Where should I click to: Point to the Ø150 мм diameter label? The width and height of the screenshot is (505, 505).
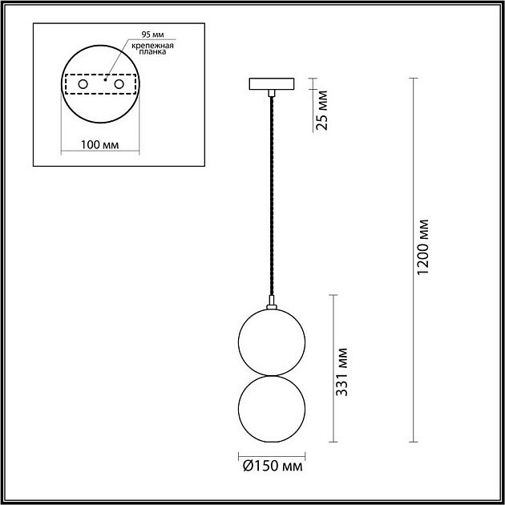coord(273,466)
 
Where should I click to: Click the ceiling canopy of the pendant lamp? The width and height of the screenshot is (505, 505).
coord(273,83)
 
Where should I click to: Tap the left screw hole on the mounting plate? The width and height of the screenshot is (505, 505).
coord(82,83)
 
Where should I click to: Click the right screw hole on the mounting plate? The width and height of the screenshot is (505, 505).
coord(119,83)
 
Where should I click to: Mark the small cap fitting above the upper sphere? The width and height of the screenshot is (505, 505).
coord(273,305)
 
